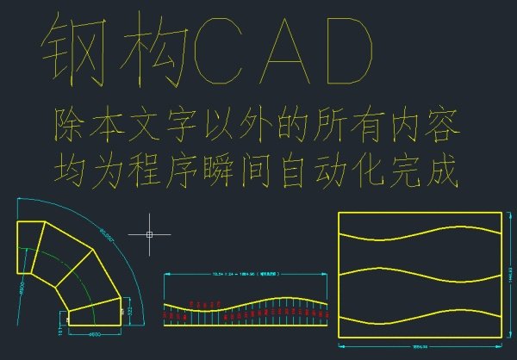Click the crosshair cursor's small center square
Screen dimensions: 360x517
tap(150, 233)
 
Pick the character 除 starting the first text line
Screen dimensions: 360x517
tap(69, 126)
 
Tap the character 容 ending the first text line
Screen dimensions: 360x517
tap(441, 126)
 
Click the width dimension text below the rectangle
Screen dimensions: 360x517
tap(420, 347)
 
